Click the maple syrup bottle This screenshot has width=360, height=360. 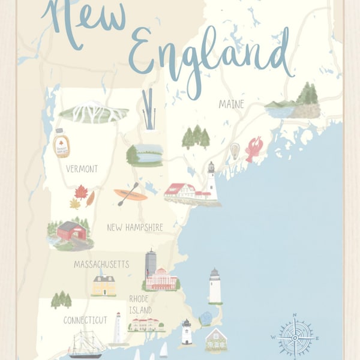point(61,145)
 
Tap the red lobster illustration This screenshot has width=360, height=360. point(254,149)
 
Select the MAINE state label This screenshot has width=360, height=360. point(232,104)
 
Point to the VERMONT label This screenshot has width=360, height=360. point(82,169)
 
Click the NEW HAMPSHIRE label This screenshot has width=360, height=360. point(135,227)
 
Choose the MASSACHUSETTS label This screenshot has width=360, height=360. point(101,264)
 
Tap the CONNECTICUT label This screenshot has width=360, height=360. point(85,320)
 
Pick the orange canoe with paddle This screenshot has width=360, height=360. point(131,194)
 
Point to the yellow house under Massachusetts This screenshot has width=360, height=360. point(104,286)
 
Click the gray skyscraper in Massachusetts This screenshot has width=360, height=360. point(150,263)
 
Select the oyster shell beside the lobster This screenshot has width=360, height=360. point(235,150)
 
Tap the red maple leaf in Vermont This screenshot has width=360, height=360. point(81,192)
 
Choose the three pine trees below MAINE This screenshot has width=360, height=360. point(196,137)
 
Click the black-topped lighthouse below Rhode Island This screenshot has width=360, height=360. point(187,332)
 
